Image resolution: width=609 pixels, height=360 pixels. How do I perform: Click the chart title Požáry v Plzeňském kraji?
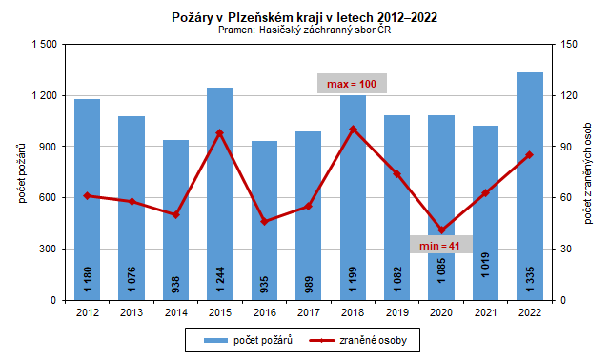coord(304,17)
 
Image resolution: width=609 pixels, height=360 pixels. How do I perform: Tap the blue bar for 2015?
coord(220,210)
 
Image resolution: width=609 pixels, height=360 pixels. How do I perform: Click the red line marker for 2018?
coord(353,129)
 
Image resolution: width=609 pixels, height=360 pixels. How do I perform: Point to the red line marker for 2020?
coord(441,230)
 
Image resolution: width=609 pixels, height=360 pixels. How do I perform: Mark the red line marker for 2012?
coord(87,195)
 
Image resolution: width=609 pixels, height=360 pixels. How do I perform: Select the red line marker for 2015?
coord(220,132)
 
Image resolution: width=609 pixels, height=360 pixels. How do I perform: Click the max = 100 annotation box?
coord(352,85)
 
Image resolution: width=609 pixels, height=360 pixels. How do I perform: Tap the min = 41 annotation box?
coord(440,246)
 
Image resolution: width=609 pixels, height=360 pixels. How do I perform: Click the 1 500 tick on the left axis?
coord(43,45)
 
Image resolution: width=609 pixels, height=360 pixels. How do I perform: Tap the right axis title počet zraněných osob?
coord(589,171)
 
